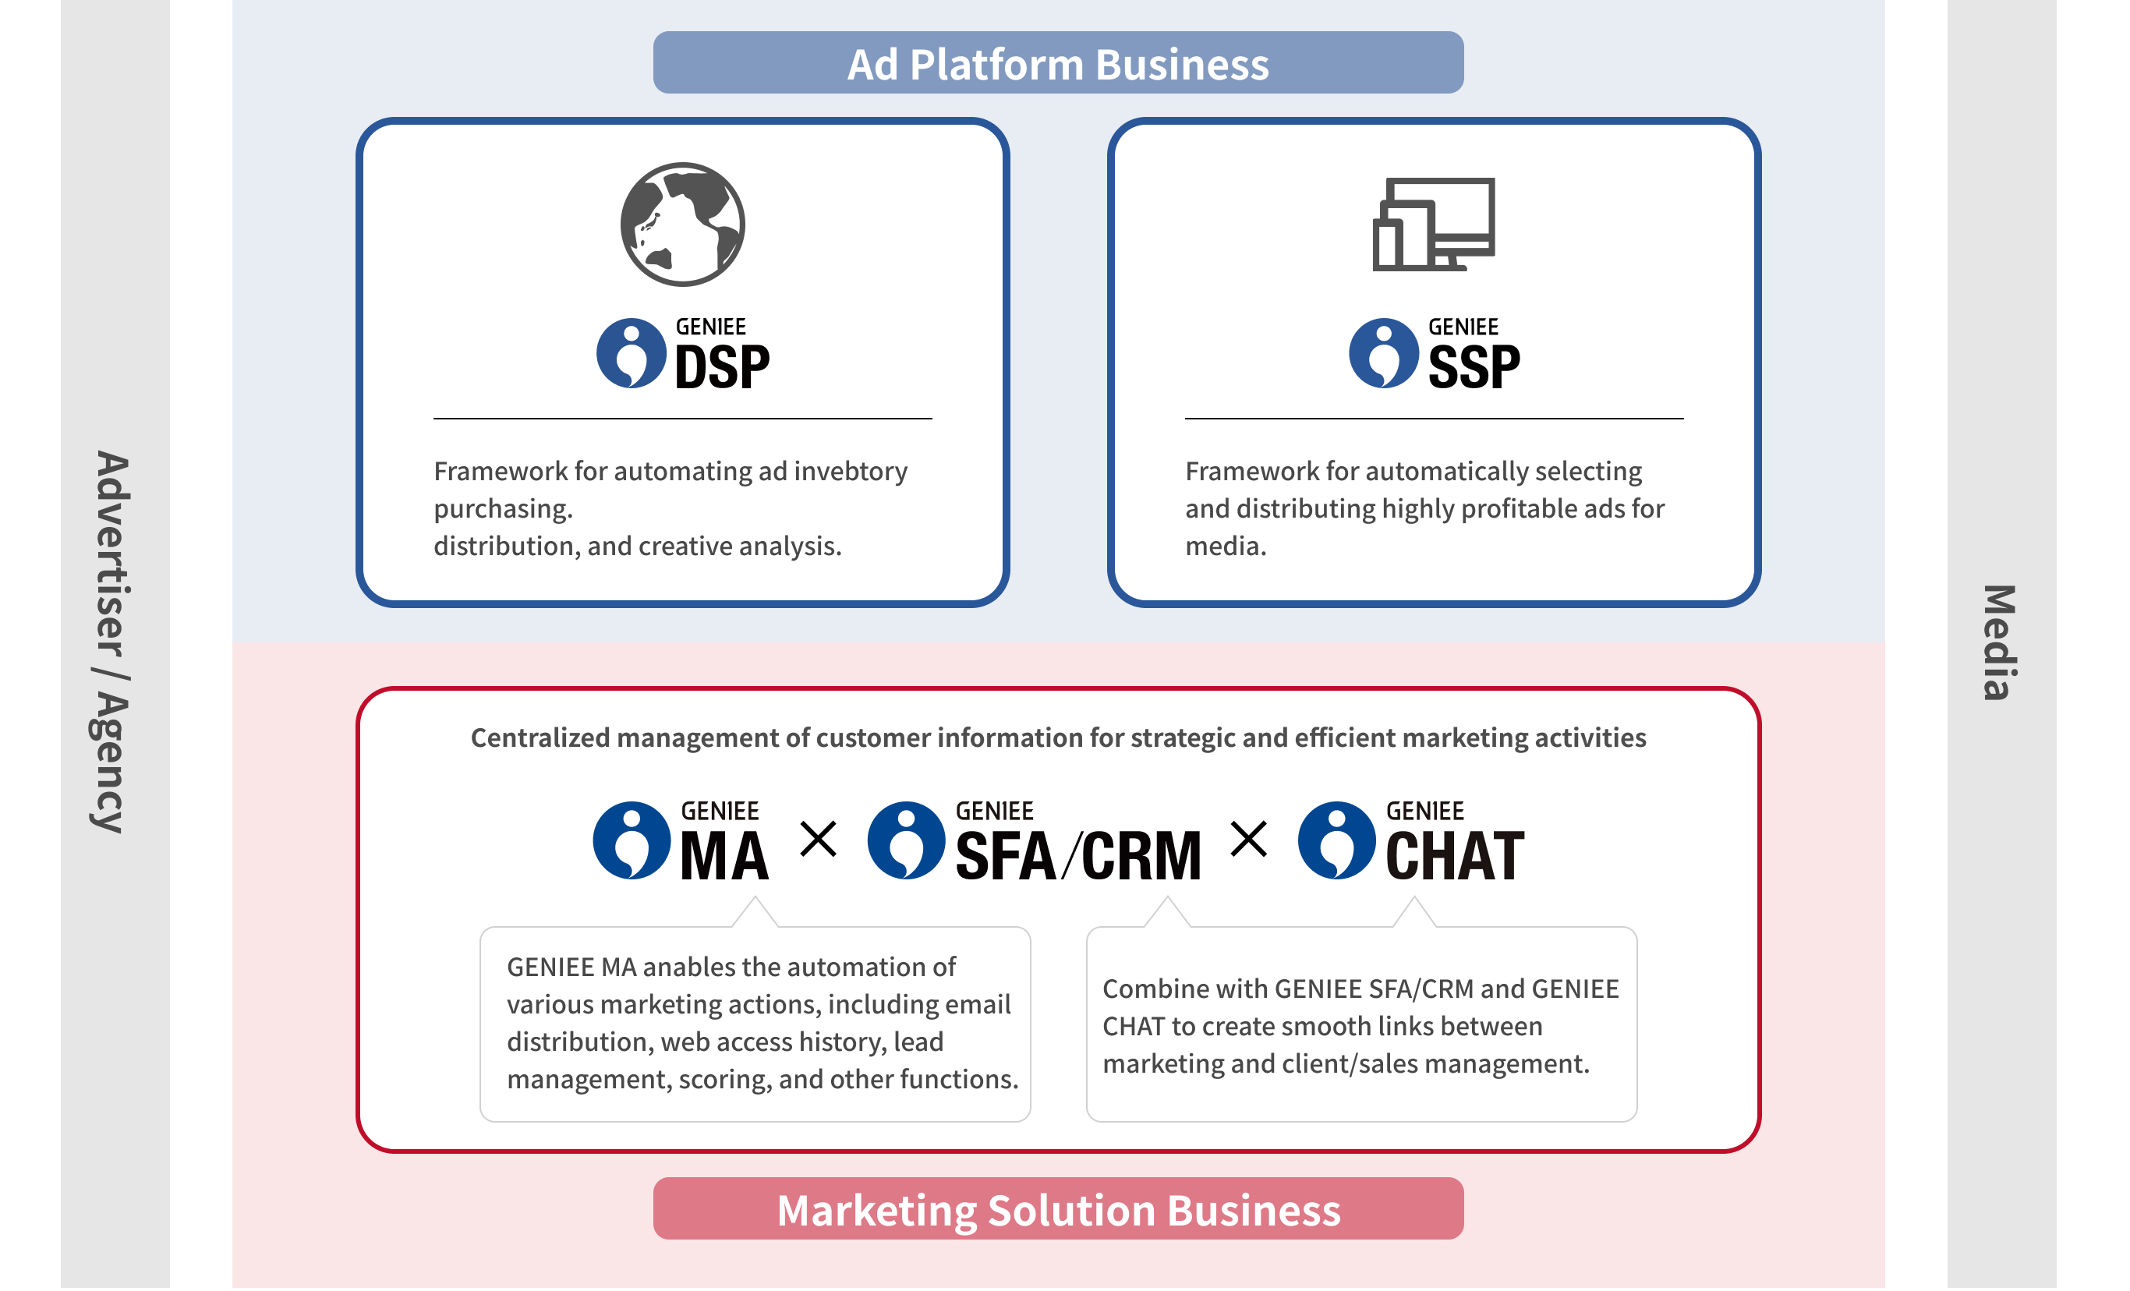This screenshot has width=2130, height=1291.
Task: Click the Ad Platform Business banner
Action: click(1057, 63)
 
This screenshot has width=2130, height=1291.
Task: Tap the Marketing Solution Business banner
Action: click(1057, 1209)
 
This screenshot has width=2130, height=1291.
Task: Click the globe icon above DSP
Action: click(682, 224)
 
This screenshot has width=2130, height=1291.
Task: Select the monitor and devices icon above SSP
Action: click(1433, 224)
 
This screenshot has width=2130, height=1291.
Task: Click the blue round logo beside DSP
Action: click(631, 353)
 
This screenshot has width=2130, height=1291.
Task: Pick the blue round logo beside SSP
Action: click(1383, 353)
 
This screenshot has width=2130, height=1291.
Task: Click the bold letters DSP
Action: click(721, 367)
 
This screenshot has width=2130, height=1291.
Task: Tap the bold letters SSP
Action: click(1473, 367)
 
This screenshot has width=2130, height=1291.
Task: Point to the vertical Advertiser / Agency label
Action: click(111, 641)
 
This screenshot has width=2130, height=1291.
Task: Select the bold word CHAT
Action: click(1454, 855)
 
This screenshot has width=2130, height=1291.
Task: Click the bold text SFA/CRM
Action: click(1078, 855)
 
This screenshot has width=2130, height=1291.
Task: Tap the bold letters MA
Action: click(724, 855)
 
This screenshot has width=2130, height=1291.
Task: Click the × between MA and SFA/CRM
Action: click(818, 838)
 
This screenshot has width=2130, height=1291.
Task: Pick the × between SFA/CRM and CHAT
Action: click(1248, 838)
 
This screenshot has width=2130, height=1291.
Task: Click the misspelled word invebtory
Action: click(851, 472)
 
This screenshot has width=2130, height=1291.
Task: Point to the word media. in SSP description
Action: click(1225, 546)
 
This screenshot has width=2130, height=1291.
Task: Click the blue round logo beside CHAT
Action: click(1336, 840)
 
